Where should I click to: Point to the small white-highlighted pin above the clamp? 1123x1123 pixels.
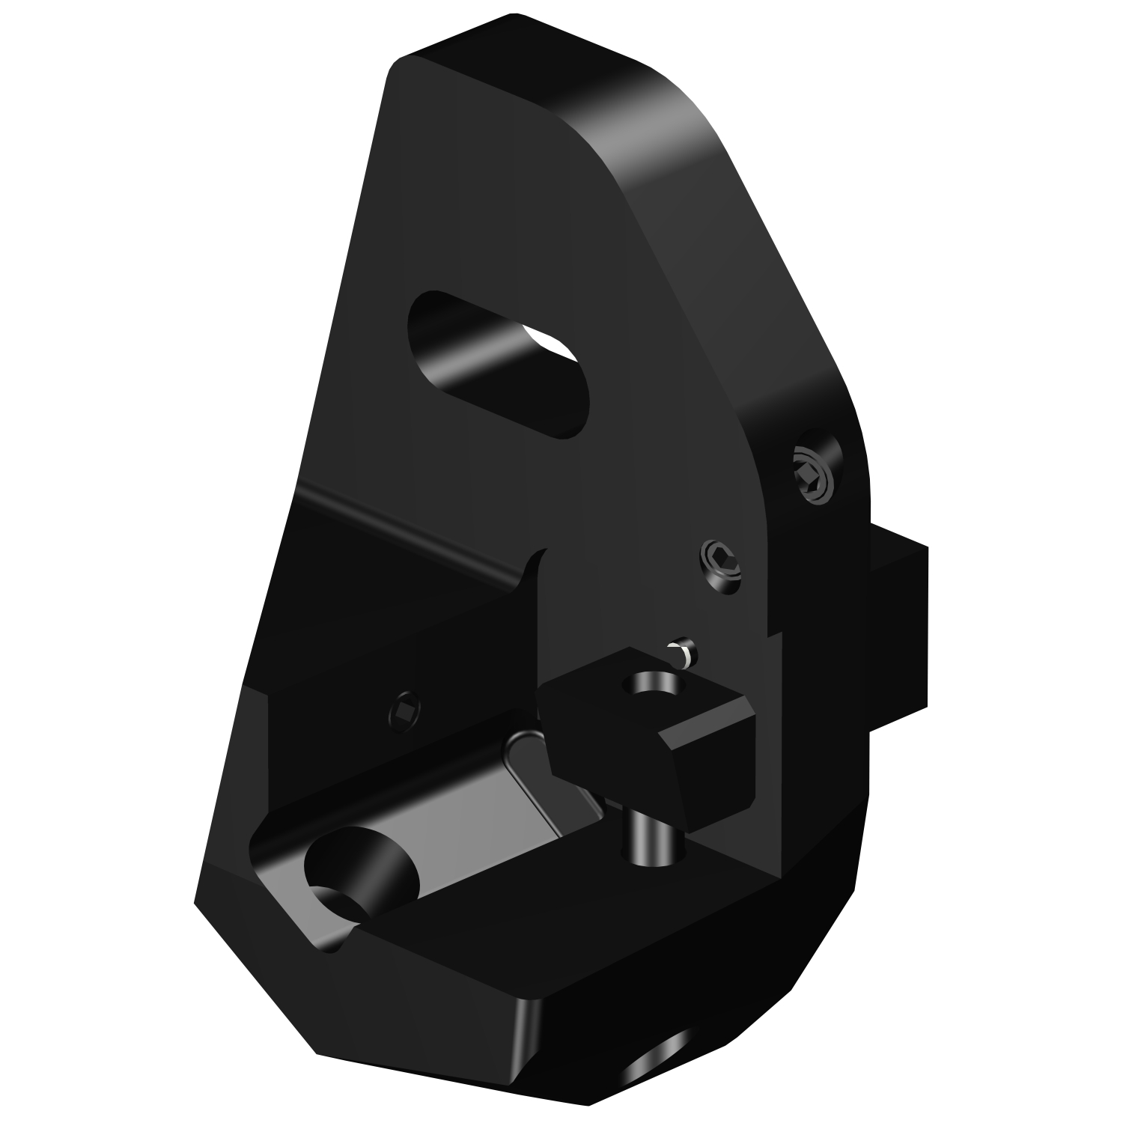point(684,650)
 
